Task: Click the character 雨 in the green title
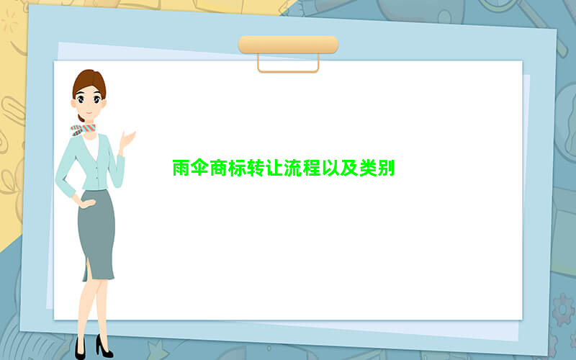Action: point(181,168)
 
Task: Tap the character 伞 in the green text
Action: point(200,168)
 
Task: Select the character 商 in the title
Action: point(218,168)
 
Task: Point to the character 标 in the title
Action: point(237,168)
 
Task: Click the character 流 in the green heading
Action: point(293,168)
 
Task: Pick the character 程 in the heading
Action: point(312,168)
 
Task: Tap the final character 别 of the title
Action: point(386,168)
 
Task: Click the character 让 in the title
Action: point(274,168)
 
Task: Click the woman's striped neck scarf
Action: point(83,130)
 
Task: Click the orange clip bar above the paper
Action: point(288,45)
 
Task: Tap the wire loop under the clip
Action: point(288,71)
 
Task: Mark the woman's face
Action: point(88,100)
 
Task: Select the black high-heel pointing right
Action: point(104,348)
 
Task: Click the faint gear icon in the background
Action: point(563,310)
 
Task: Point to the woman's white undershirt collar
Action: point(91,146)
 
